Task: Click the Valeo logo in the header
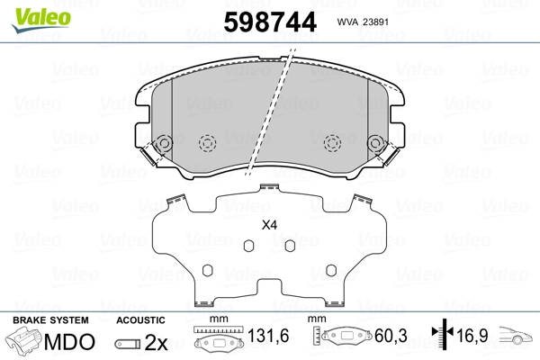click(41, 20)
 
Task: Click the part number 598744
click(270, 22)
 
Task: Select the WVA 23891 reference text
click(363, 22)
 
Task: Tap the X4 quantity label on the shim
click(269, 225)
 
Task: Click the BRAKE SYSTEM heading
click(50, 320)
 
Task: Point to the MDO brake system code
click(69, 342)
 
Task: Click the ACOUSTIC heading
click(140, 320)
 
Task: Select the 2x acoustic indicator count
click(156, 343)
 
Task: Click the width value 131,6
click(268, 336)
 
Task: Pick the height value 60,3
click(391, 336)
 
